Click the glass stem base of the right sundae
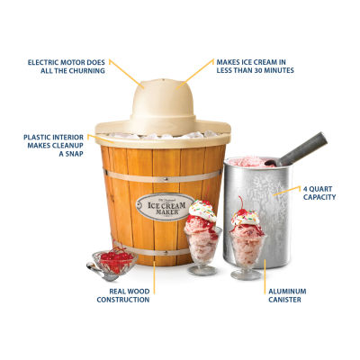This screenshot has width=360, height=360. coord(246,273)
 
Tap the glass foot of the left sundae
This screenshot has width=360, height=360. coord(202,268)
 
